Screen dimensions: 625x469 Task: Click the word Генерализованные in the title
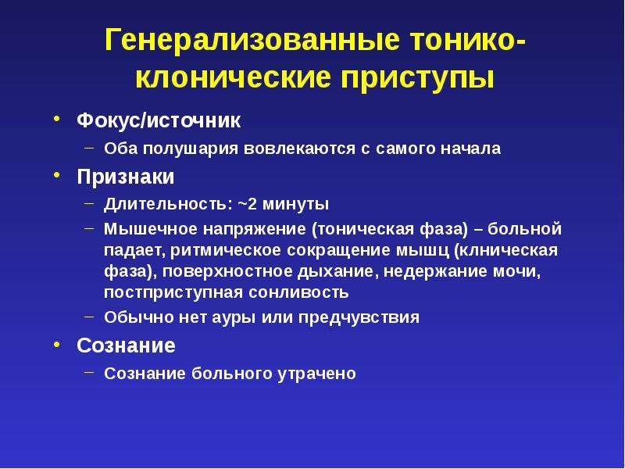pos(252,41)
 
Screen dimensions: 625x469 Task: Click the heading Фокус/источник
pos(159,120)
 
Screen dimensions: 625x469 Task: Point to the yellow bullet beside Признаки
pos(57,174)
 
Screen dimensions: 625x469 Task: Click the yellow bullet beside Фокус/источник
pos(57,119)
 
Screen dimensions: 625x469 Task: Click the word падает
pos(134,251)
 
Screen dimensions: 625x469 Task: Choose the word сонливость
pos(298,292)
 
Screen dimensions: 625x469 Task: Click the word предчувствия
pos(359,317)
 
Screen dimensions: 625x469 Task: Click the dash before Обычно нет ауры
pos(90,317)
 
